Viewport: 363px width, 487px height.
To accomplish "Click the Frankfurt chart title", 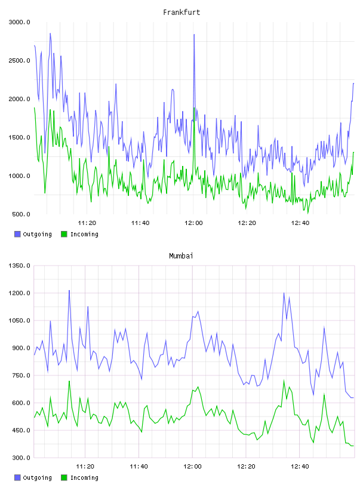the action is click(181, 13).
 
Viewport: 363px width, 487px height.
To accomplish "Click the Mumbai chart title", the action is click(181, 256).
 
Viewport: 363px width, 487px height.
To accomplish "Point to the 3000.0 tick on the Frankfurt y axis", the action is click(19, 22).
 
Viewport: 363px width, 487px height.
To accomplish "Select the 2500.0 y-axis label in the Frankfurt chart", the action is click(19, 60).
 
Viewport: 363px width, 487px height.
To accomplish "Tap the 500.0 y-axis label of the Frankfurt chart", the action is click(21, 214).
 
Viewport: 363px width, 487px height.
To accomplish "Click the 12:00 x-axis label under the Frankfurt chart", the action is click(193, 223).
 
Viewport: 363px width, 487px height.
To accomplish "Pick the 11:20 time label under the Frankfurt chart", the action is click(87, 223).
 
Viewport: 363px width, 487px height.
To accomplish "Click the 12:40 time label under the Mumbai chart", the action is click(300, 467).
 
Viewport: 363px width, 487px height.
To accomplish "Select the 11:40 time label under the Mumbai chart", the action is click(139, 467).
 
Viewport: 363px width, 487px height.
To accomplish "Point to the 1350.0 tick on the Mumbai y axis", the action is click(19, 266).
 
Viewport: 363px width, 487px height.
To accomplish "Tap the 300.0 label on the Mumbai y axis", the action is click(21, 458).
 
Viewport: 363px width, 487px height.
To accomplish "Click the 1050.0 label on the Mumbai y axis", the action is click(19, 320).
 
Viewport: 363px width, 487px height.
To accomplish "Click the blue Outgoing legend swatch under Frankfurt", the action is click(17, 234).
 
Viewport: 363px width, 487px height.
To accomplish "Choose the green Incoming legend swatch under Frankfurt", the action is click(64, 234).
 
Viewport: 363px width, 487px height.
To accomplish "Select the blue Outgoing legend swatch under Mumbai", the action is click(17, 477).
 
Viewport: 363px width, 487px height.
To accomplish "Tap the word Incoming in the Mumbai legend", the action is click(84, 477).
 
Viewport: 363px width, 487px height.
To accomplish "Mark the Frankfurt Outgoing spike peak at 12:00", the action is click(194, 35).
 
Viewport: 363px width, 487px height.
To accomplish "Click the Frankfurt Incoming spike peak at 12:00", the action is click(194, 108).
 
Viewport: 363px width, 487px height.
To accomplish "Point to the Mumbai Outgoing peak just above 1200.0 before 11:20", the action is click(69, 291).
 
